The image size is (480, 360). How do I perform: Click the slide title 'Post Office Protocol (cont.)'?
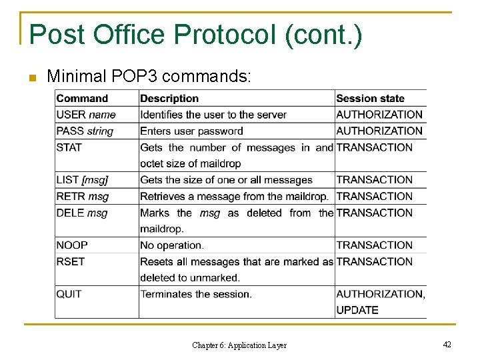pos(196,35)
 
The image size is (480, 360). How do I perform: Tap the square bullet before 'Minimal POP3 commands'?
pos(32,78)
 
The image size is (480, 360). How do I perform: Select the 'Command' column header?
pos(82,99)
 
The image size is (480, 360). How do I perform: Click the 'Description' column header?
pos(169,99)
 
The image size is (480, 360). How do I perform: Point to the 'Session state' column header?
pos(370,99)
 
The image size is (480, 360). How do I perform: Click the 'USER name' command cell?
pos(86,115)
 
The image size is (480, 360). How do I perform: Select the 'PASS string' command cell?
pos(85,131)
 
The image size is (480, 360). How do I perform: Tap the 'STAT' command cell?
pos(69,147)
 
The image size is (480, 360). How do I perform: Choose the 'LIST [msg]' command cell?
pos(83,180)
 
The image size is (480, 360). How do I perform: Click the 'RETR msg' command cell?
pos(83,197)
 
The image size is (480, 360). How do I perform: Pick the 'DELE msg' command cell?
pos(82,213)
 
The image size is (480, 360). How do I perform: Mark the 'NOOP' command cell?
pos(72,245)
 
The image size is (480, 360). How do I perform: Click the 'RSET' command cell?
pos(71,262)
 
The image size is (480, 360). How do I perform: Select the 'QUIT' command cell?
pos(69,294)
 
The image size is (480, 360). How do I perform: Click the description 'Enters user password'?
pos(191,131)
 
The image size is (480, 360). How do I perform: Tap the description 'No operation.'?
pos(172,245)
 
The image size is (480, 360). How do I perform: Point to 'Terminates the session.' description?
pos(196,294)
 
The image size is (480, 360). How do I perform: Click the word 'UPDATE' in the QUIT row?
pos(357,310)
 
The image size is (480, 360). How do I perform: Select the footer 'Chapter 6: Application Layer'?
pos(239,345)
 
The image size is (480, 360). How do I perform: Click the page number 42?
pos(447,345)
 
